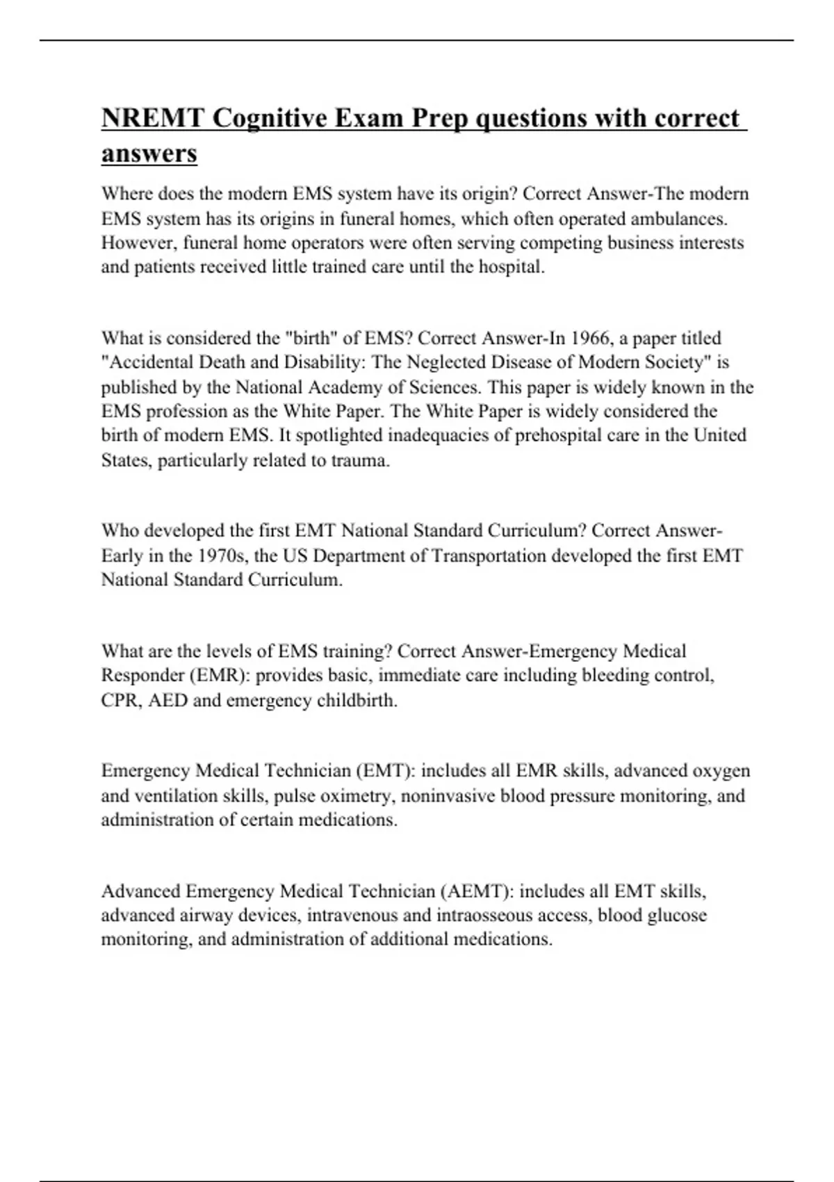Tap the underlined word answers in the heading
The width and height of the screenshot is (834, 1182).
(x=149, y=154)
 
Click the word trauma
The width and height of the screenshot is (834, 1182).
(x=359, y=460)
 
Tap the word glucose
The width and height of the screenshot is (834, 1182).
(x=676, y=915)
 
